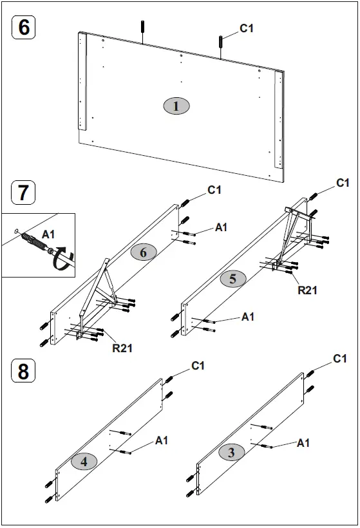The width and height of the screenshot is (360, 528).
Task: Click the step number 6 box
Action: point(24,28)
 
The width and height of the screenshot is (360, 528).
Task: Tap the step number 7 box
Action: point(24,193)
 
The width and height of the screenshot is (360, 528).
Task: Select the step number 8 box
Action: point(24,372)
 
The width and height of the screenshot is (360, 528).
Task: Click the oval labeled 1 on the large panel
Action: point(176,106)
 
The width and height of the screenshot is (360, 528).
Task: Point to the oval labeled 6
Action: point(143,252)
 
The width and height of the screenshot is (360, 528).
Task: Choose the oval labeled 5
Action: point(232,279)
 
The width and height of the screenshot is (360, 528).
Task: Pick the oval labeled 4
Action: point(84,461)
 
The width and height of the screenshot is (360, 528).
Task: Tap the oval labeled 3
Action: point(231,453)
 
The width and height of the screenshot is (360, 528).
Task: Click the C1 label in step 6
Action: point(247,28)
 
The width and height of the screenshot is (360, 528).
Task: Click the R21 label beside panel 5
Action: point(307,290)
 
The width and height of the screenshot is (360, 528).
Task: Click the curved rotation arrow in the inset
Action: point(62,261)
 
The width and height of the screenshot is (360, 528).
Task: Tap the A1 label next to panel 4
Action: point(162,440)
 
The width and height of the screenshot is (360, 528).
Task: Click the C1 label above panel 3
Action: point(340,359)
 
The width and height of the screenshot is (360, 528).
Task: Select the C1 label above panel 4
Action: point(198,366)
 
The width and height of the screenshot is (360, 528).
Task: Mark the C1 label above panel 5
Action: point(343,184)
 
